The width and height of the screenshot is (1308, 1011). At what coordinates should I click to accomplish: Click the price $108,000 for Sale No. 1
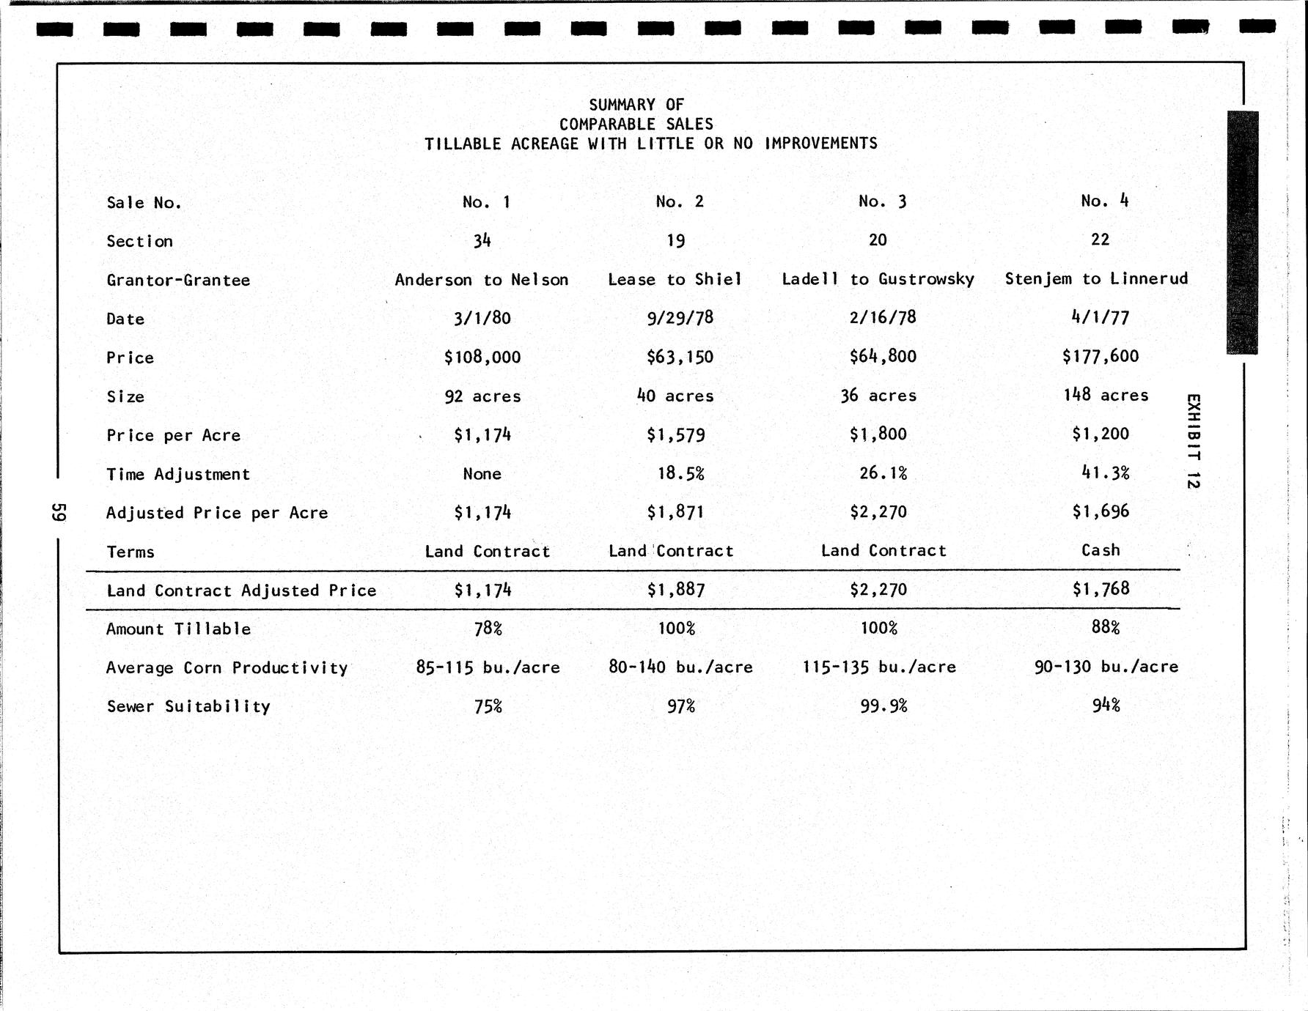tap(482, 358)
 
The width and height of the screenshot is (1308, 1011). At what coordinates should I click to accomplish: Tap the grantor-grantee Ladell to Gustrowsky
tap(878, 279)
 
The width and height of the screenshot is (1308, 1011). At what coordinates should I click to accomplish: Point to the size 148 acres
tap(1105, 396)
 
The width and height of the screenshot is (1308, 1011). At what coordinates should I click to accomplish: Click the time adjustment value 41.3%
tap(1105, 473)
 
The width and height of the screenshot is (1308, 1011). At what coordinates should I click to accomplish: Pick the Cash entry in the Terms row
tap(1101, 550)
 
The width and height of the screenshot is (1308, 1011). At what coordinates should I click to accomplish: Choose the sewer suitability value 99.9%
tap(883, 706)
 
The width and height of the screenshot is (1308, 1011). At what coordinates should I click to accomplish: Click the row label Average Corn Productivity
tap(227, 668)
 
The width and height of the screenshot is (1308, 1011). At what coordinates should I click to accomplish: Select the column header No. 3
tap(882, 201)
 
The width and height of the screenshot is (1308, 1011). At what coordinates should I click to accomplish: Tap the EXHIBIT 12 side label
tap(1193, 441)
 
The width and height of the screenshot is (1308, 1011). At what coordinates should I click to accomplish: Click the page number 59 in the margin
tap(59, 511)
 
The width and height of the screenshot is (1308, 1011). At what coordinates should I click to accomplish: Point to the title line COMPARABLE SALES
tap(636, 125)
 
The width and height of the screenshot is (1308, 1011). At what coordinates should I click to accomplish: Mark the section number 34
tap(482, 240)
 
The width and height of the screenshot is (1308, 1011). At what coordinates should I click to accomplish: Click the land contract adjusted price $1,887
tap(675, 590)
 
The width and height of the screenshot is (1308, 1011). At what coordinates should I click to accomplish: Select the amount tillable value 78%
tap(488, 629)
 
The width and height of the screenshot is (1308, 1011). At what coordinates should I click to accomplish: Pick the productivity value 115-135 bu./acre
tap(879, 667)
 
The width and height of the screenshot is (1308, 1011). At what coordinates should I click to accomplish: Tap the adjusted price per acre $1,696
tap(1100, 511)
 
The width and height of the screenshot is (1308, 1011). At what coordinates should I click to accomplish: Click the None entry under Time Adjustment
tap(482, 474)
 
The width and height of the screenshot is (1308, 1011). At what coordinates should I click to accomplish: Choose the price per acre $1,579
tap(675, 435)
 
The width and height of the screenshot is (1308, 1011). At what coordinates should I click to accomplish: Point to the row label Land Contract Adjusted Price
tap(241, 590)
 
